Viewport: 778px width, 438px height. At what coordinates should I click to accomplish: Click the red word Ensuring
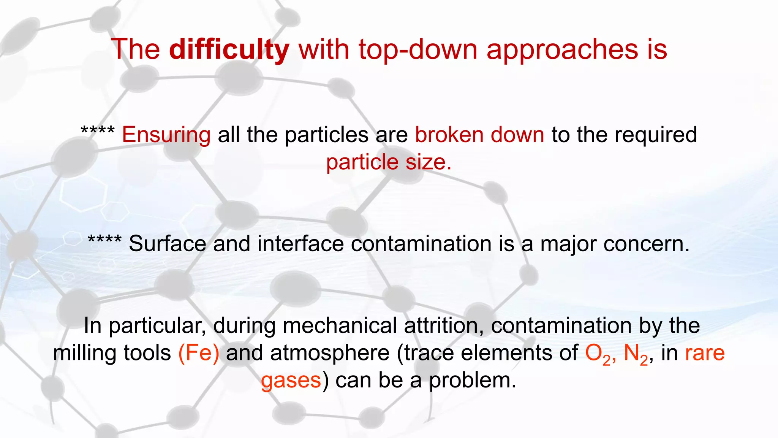(166, 135)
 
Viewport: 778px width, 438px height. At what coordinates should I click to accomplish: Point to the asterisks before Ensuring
(98, 131)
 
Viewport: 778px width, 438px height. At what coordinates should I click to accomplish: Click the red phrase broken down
(479, 135)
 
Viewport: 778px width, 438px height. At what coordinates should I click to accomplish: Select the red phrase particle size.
(389, 162)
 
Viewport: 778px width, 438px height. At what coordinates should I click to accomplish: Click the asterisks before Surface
(104, 240)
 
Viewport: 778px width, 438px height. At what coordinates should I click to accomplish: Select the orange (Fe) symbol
(199, 353)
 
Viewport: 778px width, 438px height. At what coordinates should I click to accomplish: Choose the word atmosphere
(329, 353)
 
